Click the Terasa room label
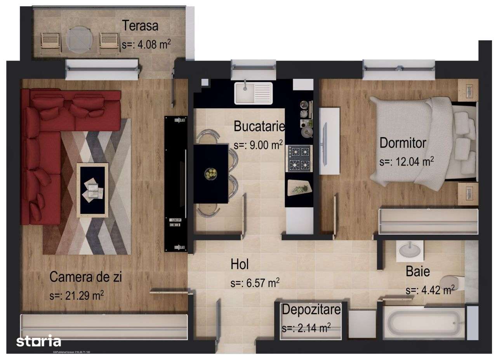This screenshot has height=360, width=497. point(141,26)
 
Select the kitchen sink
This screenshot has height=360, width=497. point(253,93)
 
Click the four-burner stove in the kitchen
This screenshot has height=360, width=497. point(299,158)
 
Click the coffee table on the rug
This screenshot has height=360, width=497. point(92,190)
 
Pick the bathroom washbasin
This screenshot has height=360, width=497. point(410,249)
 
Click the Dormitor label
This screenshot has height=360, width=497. point(403,143)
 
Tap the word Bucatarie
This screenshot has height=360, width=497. point(259,127)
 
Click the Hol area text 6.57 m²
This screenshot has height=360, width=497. point(255,283)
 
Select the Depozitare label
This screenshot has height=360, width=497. point(311,310)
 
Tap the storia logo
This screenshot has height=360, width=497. point(38,342)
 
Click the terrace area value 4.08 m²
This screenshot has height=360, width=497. point(146,44)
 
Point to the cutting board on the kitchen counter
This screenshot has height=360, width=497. point(299,188)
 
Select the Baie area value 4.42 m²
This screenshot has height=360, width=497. point(430,290)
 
